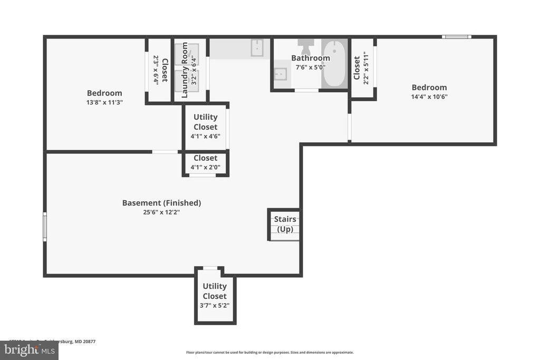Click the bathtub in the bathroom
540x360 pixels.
pos(334,65)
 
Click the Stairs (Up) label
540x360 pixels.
pos(285,224)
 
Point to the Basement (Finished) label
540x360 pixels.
pos(161,203)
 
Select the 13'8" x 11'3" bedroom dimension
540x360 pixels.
pos(104,103)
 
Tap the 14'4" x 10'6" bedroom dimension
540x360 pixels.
pos(429,97)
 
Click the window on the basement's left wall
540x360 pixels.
pos(45,227)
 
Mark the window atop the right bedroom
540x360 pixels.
pos(456,37)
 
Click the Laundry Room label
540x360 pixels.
pos(185,70)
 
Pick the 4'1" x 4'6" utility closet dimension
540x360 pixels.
pos(205,136)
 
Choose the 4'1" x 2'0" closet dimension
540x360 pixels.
pos(205,168)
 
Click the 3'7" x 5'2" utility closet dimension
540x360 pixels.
pos(215,305)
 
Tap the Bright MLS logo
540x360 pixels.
pos(29,350)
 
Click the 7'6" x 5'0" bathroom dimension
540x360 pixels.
pos(311,67)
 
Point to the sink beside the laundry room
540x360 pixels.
pos(257,47)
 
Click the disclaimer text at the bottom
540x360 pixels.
pos(269,352)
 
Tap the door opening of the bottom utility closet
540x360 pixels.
pos(210,268)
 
